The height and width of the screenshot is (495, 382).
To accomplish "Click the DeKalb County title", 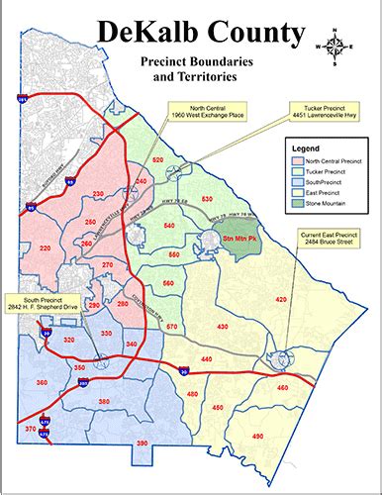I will tap(199, 34).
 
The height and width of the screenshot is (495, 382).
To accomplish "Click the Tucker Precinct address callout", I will tap(316, 109).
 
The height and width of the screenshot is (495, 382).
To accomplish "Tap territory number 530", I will tap(207, 200).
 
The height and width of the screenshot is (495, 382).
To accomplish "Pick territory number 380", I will tap(132, 401).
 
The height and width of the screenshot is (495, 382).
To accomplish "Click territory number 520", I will tap(186, 159).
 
